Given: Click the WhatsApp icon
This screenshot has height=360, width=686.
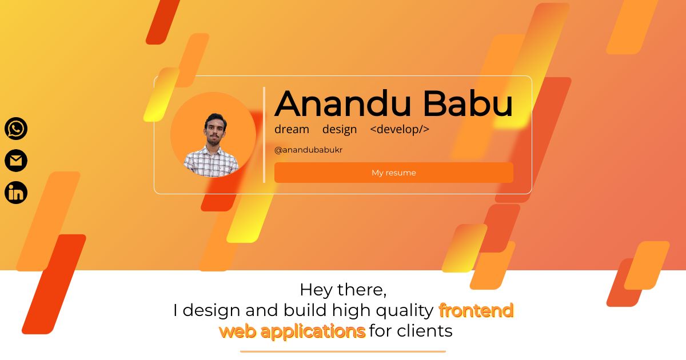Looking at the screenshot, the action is (x=16, y=129).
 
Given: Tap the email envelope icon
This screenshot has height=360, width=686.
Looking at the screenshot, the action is (x=16, y=161).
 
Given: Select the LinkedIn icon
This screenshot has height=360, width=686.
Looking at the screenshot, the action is (x=16, y=193).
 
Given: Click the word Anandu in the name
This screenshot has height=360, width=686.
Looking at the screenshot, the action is (x=342, y=103).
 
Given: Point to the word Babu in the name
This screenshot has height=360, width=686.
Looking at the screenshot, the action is (x=468, y=103).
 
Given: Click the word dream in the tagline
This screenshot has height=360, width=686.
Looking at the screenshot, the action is (x=292, y=129).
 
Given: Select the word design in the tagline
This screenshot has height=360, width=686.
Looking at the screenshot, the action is (x=340, y=130).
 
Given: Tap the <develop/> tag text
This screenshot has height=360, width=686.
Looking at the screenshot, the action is (x=400, y=130).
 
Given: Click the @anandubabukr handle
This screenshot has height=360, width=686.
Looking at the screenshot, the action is (x=308, y=150).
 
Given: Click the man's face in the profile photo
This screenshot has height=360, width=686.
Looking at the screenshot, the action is (x=216, y=130).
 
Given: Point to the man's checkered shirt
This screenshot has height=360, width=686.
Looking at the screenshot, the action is (x=212, y=162).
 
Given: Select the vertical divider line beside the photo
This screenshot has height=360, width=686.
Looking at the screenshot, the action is (x=264, y=135).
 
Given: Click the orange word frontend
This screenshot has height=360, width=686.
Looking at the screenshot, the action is (x=476, y=310).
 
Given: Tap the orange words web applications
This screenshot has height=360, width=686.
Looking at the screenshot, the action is (x=293, y=331).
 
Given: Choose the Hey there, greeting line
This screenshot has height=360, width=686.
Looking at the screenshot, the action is (x=343, y=290).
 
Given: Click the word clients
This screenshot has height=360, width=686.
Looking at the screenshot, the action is (x=424, y=331).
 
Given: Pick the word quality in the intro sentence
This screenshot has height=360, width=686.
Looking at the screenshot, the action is (x=405, y=311).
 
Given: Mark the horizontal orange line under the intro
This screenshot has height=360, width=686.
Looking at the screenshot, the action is (x=343, y=351).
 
